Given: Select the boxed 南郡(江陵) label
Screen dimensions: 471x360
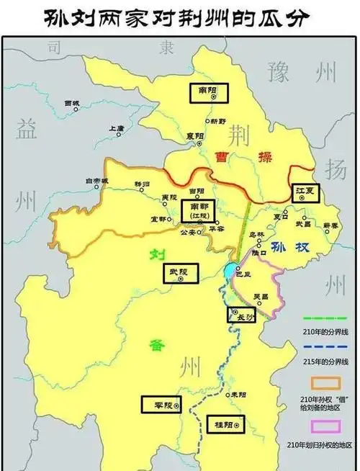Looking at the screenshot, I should tap(197, 210).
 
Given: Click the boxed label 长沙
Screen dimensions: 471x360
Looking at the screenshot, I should tap(241, 315).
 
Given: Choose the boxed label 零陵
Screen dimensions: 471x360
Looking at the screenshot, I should tap(157, 405).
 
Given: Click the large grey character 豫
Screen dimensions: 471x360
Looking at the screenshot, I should tap(279, 72).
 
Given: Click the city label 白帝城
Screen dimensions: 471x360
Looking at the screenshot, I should tap(96, 181).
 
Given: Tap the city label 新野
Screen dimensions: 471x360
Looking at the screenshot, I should tap(217, 121).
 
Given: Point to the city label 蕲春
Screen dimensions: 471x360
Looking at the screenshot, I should tap(330, 225).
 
